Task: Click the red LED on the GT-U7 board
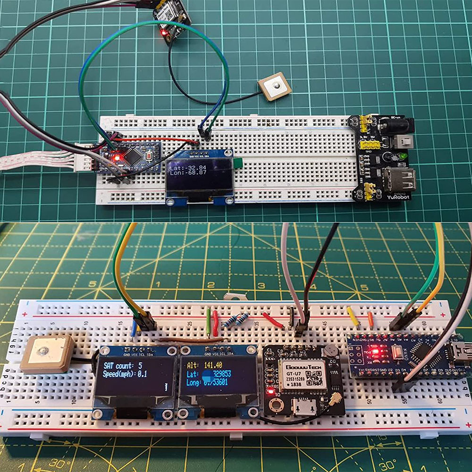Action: tap(270, 391)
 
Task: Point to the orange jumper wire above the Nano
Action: tap(370, 320)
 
